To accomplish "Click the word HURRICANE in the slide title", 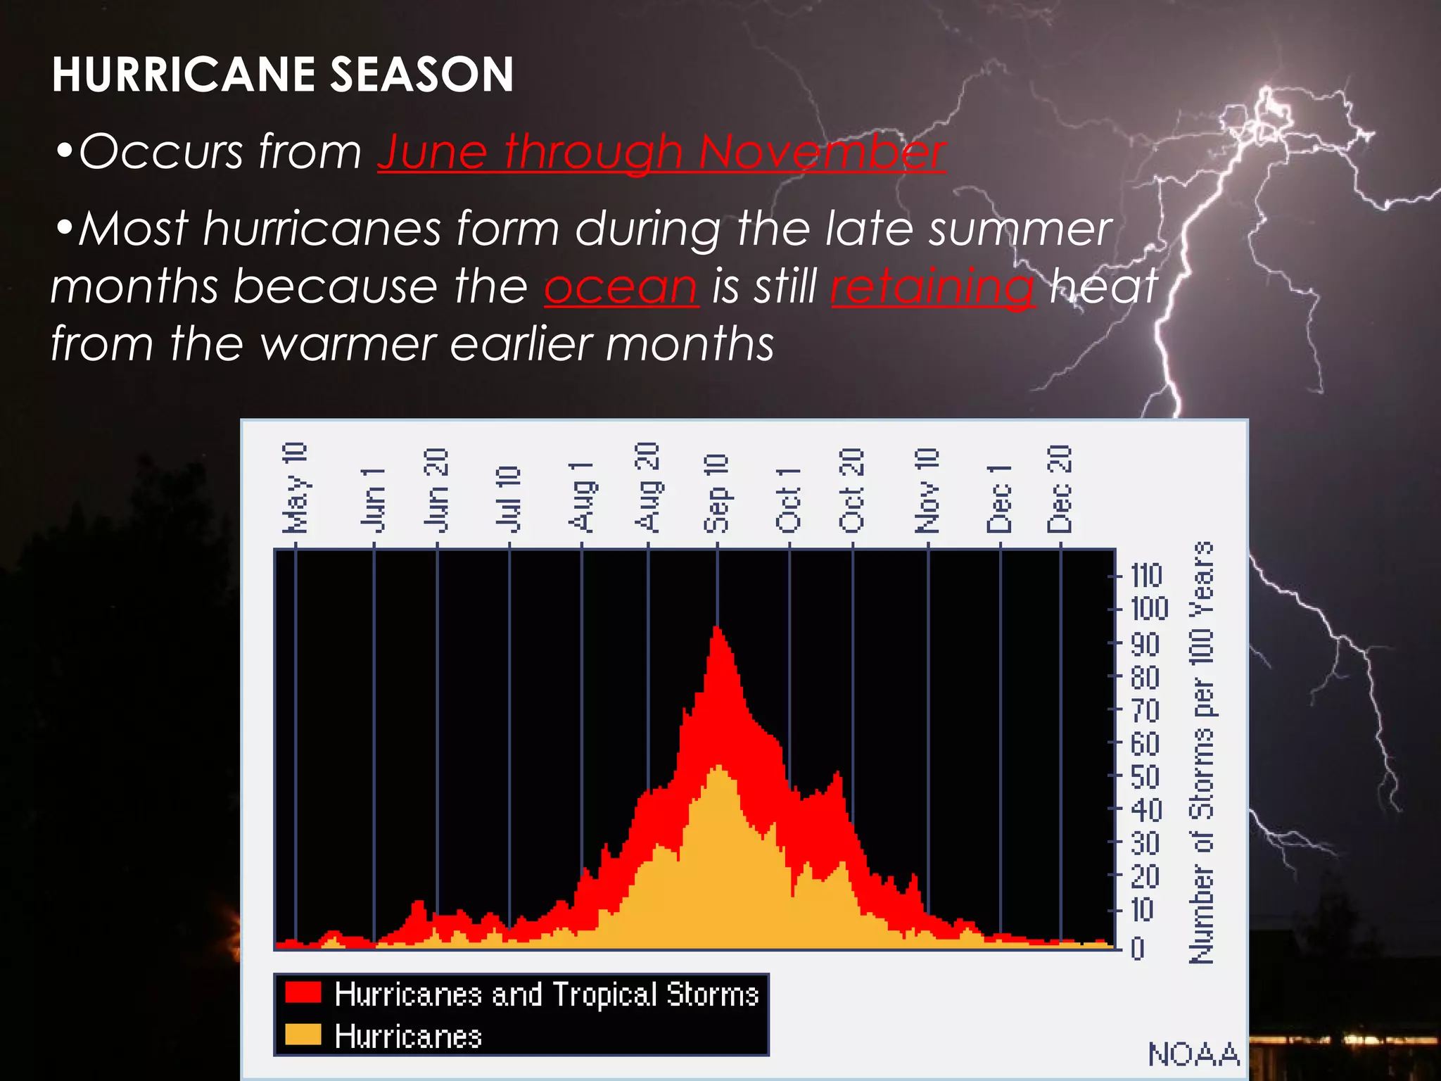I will point(184,75).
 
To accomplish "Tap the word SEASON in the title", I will point(421,75).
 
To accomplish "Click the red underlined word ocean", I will point(621,286).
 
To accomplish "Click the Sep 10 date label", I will point(716,493).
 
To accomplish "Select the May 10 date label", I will point(295,488).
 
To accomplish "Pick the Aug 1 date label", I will point(582,497).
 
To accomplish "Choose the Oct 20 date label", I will point(852,490).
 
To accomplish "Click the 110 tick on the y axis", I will point(1146,576).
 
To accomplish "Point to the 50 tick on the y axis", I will point(1145,777).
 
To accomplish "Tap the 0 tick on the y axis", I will point(1138,949).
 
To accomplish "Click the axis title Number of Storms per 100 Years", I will point(1202,752).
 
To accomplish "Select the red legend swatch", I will point(303,992).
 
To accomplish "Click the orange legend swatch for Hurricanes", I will point(303,1035).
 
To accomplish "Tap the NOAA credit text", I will point(1193,1054).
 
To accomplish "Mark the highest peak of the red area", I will point(717,628).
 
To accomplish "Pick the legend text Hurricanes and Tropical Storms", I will point(547,994).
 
